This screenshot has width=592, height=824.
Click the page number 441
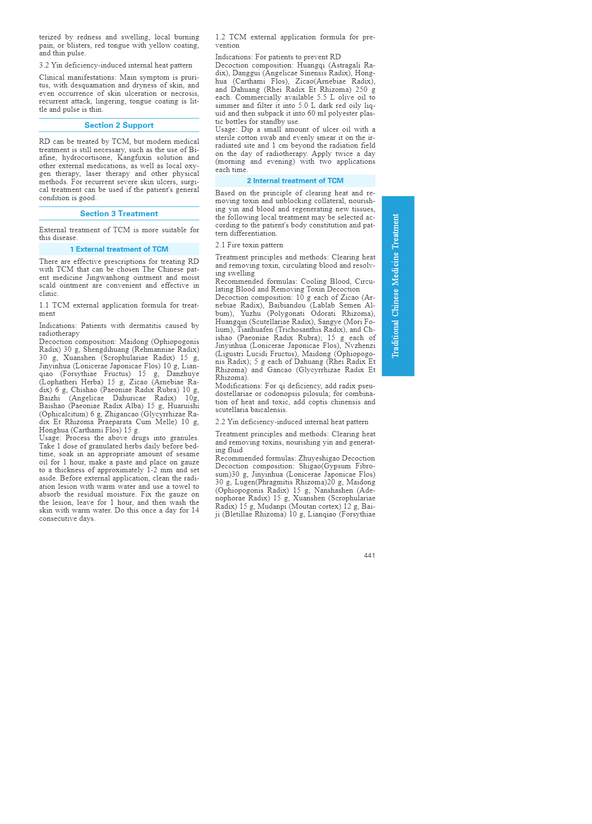tap(369, 555)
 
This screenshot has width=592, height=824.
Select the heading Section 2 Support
tap(119, 125)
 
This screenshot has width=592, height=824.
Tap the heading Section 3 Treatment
tap(119, 214)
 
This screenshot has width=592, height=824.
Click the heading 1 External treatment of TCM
tap(119, 249)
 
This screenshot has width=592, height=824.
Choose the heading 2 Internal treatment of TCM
tap(295, 181)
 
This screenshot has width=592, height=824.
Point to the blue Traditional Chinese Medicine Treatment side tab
tap(398, 286)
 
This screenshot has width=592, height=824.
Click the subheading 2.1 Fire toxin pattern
tap(249, 245)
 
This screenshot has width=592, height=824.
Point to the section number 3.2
tap(44, 66)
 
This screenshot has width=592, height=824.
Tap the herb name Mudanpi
tap(272, 506)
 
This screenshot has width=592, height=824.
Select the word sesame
tap(188, 454)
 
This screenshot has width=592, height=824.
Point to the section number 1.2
tap(220, 37)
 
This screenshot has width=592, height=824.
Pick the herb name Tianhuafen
tap(255, 330)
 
